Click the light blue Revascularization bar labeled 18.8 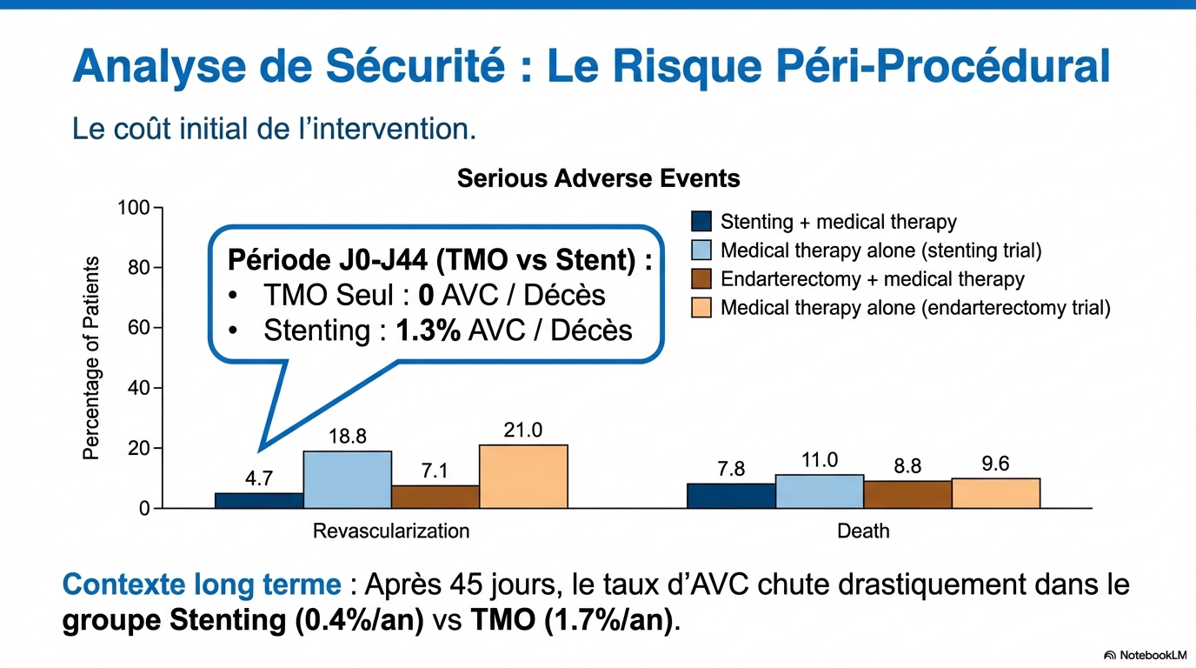pos(347,479)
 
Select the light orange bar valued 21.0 pos(523,477)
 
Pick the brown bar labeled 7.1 pos(435,497)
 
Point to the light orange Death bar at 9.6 pos(995,493)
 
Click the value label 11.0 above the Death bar pos(820,460)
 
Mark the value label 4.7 pos(258,478)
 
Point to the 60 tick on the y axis pos(138,328)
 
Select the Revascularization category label pos(391,531)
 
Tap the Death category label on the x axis pos(863,531)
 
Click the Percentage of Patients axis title pos(92,357)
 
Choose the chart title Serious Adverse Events pos(598,179)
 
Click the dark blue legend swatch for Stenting pos(701,222)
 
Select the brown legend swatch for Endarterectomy pos(701,279)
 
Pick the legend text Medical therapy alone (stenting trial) pos(880,250)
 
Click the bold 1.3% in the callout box pos(428,331)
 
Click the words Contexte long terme pos(202,584)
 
